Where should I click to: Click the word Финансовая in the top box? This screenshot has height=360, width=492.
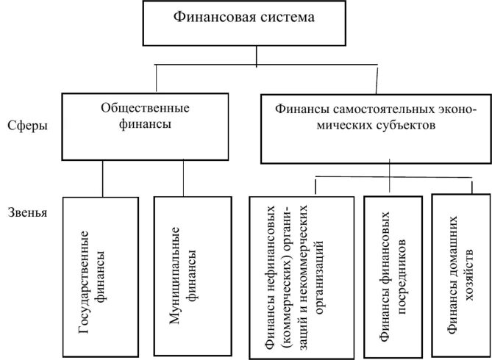click(208, 16)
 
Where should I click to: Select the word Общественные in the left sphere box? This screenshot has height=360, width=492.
click(144, 108)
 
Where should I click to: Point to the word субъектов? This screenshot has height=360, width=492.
click(402, 126)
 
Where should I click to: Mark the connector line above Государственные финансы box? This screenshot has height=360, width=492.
click(103, 179)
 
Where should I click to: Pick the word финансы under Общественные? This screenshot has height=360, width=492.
click(146, 124)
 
